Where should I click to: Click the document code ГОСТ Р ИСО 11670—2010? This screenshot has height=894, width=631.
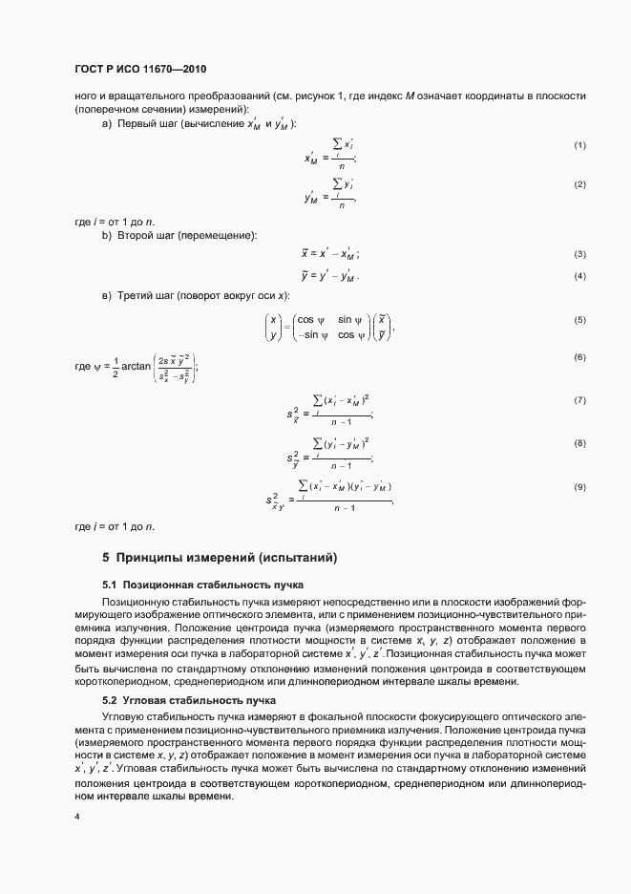(139, 71)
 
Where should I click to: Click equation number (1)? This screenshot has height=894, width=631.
(578, 144)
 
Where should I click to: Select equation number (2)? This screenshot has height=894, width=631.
(578, 183)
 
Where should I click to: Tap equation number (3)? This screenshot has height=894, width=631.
(578, 254)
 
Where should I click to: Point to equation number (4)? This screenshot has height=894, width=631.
(578, 276)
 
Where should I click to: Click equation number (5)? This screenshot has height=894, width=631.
(578, 319)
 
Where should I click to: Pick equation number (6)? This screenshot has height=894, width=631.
(578, 356)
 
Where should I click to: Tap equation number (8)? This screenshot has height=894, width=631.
(578, 443)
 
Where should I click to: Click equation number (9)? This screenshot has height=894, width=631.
(578, 486)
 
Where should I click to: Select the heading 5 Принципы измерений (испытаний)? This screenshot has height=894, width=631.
(220, 557)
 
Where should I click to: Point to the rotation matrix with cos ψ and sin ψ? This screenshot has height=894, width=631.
(325, 327)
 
